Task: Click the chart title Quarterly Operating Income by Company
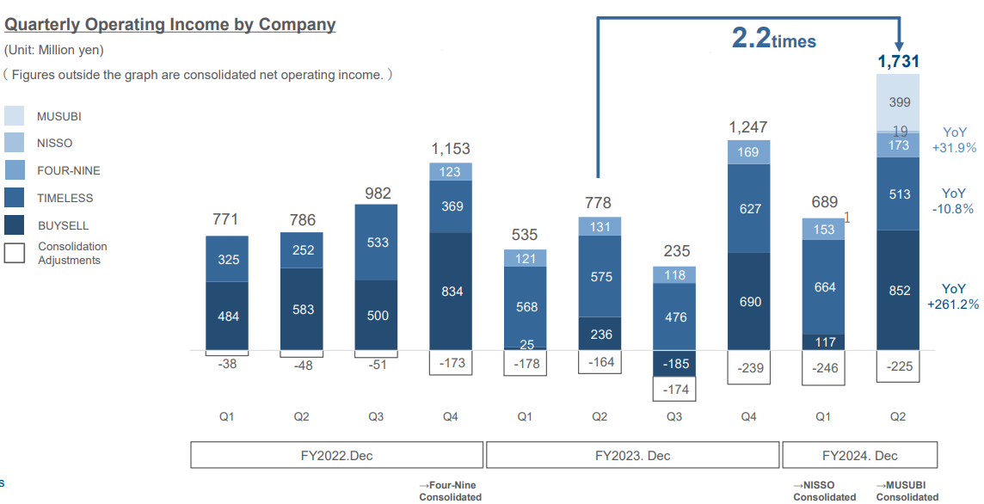coord(170,25)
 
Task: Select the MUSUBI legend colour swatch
coord(15,116)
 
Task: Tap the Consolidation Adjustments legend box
coord(15,253)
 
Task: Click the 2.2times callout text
coord(773,39)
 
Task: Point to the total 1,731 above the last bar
coord(898,61)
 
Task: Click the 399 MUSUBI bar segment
coord(898,102)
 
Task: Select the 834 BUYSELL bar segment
coord(452,292)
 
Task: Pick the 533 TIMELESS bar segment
coord(377,243)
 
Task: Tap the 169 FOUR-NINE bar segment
coord(749,153)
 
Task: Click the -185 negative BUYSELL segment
coord(676,364)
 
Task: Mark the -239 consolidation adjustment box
coord(749,368)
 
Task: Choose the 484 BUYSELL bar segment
coord(228,317)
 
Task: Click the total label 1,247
coord(749,127)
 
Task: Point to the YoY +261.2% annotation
coord(953,297)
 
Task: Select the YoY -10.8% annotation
coord(953,201)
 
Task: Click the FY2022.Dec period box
coord(336,455)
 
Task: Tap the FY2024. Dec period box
coord(859,455)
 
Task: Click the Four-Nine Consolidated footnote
coord(450,491)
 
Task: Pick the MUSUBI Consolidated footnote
coord(907,491)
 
